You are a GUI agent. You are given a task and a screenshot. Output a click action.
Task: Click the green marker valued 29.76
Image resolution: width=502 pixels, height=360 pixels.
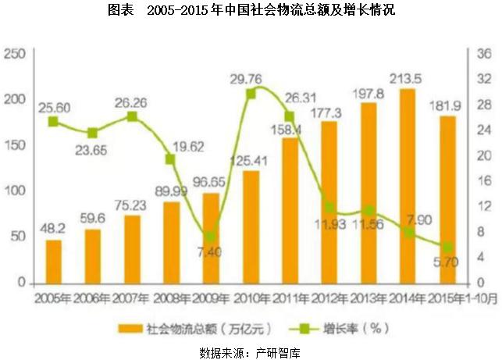tap(251, 94)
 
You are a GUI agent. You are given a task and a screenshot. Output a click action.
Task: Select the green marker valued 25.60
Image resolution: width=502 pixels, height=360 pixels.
tap(53, 121)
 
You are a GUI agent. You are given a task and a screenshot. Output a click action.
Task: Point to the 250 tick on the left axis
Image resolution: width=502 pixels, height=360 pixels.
tap(16, 54)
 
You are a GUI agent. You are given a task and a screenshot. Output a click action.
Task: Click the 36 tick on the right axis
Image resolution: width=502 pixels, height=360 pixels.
tap(483, 54)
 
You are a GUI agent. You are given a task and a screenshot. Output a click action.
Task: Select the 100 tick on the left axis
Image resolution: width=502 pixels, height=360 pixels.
tap(16, 191)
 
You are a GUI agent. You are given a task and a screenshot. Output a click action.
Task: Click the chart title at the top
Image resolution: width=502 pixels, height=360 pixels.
tap(251, 11)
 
